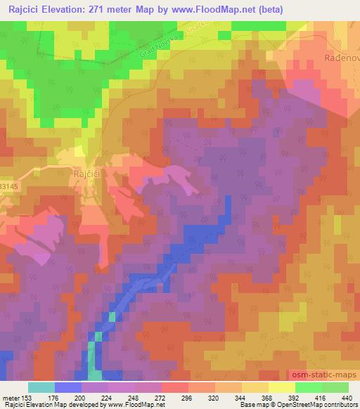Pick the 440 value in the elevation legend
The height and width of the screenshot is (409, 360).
[349, 397]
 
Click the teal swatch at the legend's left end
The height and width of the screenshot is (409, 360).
[41, 387]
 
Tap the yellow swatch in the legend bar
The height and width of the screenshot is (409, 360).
[282, 387]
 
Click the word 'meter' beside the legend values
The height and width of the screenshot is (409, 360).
[11, 397]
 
